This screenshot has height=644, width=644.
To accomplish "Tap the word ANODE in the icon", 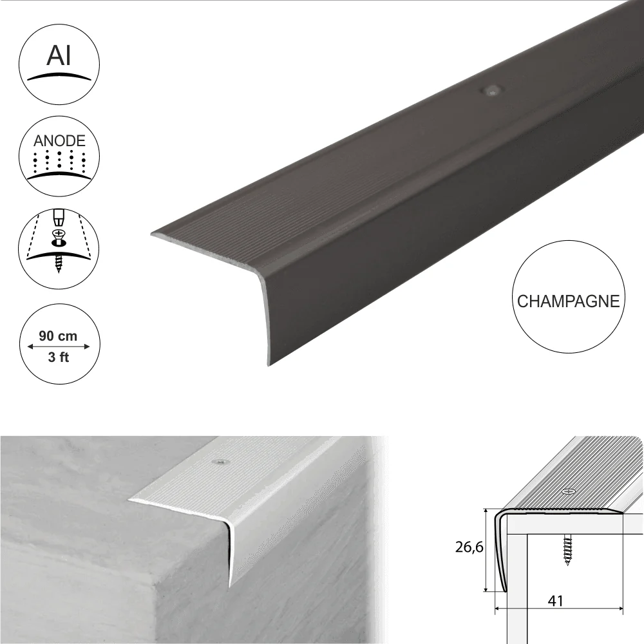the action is click(59, 141).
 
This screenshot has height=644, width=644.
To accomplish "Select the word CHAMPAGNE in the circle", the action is click(569, 301).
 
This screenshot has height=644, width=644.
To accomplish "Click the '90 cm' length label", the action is click(58, 336).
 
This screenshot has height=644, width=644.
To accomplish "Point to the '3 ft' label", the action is click(59, 357).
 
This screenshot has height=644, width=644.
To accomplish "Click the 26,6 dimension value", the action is click(469, 547).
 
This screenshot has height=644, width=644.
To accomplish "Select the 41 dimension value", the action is click(555, 601).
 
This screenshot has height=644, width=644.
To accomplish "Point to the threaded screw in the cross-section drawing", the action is click(568, 549).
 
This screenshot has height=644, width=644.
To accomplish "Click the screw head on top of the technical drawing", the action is click(569, 491).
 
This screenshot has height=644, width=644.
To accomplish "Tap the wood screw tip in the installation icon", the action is click(59, 270).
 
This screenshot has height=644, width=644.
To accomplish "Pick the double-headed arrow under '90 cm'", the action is click(59, 346).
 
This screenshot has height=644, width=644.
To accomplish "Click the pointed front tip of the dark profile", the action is click(152, 234).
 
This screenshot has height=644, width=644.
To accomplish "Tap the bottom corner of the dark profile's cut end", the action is click(269, 365).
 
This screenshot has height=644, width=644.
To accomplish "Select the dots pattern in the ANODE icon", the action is click(59, 161).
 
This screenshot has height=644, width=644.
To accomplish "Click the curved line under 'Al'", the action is click(59, 77).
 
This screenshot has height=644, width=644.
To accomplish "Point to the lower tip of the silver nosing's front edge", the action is click(230, 586).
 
